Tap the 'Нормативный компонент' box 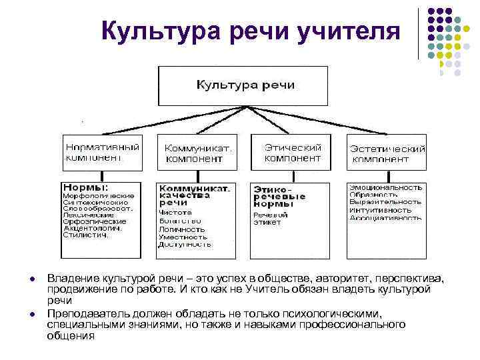101,151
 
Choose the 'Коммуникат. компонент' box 197,153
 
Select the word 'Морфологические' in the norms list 99,196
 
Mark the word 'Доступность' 185,245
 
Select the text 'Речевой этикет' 271,219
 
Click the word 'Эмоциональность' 386,189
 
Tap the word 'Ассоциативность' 385,218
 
